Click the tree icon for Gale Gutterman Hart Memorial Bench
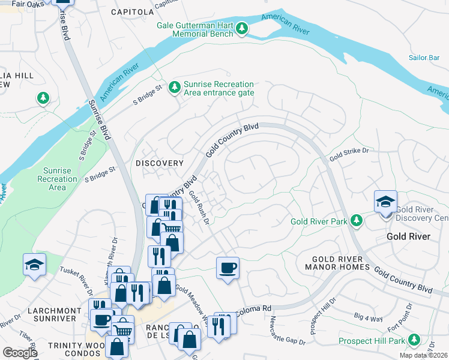tap(242, 28)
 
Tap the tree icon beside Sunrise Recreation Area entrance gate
tap(175, 88)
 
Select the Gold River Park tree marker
tap(357, 221)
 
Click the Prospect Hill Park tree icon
tap(413, 340)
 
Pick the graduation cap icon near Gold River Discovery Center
tap(385, 202)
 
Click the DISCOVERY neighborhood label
tap(159, 163)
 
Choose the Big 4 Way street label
tap(368, 319)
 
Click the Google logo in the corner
tap(20, 352)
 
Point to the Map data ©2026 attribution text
tap(423, 355)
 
